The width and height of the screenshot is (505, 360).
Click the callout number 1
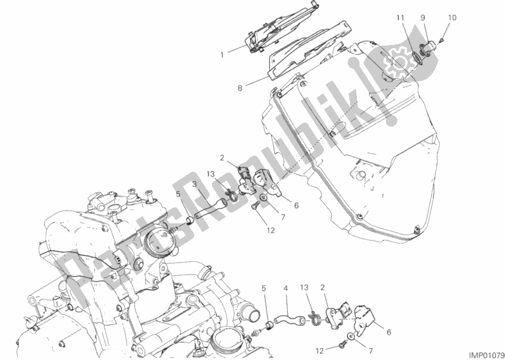222,55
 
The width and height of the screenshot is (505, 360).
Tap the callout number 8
240,87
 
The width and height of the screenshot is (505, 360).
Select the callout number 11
400,18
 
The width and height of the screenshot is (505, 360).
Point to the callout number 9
423,18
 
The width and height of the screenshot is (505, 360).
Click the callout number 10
452,18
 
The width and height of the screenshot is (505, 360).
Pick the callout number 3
194,185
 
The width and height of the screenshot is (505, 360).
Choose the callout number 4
285,289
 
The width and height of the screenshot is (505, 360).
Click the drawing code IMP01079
486,355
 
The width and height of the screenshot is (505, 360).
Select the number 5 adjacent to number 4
264,289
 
